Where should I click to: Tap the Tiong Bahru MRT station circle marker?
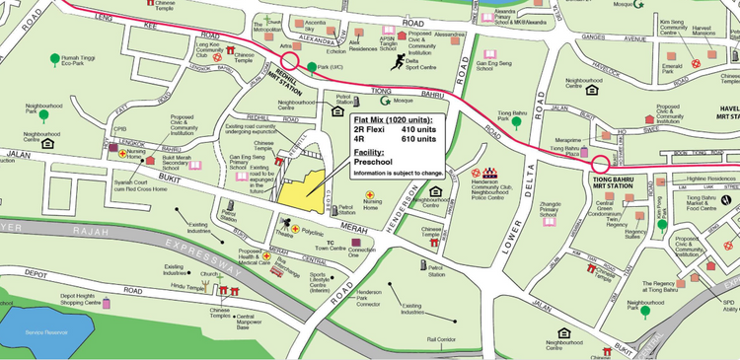[x=600, y=164]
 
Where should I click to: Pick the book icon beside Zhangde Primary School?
[x=566, y=220]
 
